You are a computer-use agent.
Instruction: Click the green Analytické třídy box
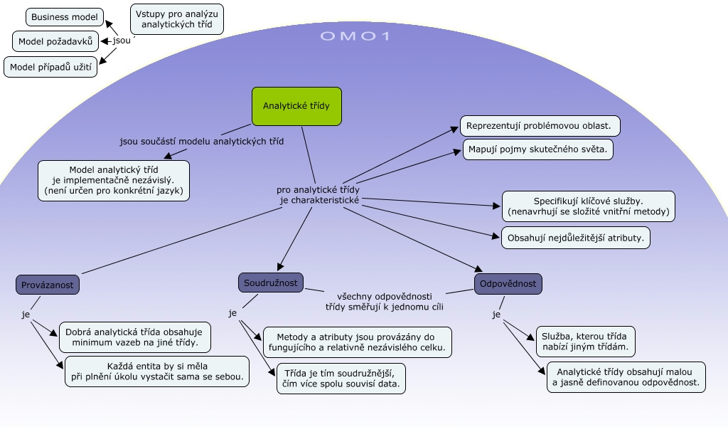pos(296,106)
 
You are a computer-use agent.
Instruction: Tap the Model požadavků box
pos(55,41)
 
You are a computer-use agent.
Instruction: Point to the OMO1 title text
pos(355,36)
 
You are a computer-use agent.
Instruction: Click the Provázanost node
pos(48,285)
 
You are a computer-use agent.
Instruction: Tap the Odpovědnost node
pos(508,284)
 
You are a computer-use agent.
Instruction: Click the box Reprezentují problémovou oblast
pos(540,126)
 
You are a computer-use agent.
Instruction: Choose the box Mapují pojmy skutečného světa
pos(537,150)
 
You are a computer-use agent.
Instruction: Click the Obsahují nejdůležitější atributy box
pos(576,237)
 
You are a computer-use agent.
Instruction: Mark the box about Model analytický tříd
pos(114,181)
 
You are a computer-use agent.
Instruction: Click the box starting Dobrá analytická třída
pos(135,337)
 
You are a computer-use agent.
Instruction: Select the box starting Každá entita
pos(156,371)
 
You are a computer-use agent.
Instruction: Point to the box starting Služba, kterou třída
pos(586,342)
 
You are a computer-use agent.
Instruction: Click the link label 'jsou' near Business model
pos(122,41)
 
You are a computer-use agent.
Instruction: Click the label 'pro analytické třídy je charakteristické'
pos(318,196)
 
